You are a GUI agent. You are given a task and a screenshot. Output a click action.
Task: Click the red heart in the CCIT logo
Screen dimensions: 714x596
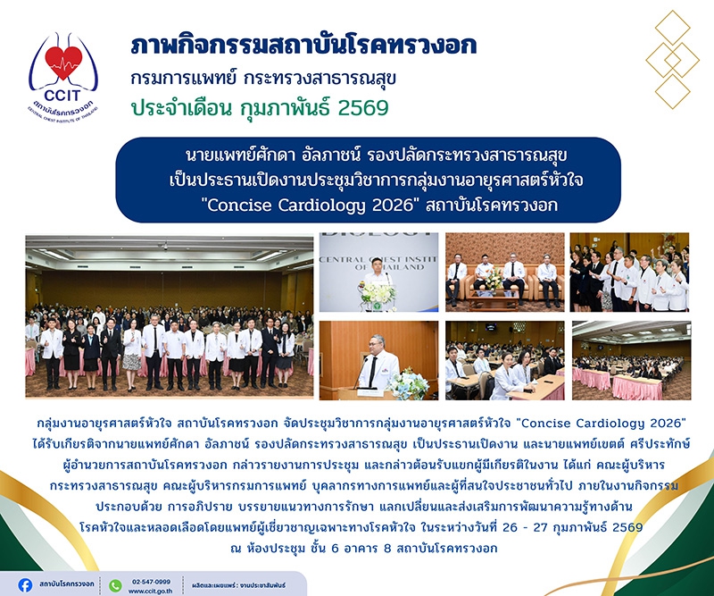pos(63,63)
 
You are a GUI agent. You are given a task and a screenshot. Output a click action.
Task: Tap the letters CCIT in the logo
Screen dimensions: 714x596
pos(62,95)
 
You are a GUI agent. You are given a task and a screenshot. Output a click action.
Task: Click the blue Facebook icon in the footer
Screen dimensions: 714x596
pos(25,585)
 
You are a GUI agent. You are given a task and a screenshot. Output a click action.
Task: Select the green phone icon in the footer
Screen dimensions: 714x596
pos(116,585)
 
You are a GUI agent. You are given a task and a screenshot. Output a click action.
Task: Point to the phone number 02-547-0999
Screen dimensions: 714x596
pos(151,582)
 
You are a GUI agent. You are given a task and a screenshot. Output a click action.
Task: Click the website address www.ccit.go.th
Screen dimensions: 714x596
pos(150,591)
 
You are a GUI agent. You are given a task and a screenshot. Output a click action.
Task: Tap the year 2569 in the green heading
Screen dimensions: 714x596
pos(363,108)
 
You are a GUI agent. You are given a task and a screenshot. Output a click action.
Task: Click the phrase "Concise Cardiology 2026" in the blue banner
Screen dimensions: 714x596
pos(312,206)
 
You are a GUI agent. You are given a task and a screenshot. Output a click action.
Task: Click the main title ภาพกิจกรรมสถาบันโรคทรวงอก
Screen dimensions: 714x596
pos(303,46)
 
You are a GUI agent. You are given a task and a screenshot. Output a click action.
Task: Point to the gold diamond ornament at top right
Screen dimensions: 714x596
pos(673,60)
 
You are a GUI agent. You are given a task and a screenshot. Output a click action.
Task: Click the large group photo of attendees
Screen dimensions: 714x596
pos(170,316)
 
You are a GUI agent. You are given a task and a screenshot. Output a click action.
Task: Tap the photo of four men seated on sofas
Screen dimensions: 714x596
pos(504,273)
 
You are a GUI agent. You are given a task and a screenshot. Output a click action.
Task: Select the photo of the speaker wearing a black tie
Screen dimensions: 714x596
pos(378,360)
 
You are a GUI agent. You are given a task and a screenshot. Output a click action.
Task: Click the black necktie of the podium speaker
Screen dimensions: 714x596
pos(373,371)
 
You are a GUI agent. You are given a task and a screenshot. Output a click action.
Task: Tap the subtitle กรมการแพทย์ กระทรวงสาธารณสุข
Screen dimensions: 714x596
pos(263,79)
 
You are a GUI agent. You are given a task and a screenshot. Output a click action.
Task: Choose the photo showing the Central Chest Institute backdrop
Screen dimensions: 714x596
pos(378,273)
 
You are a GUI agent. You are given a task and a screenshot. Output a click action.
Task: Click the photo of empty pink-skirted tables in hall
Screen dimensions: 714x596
pos(632,360)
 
